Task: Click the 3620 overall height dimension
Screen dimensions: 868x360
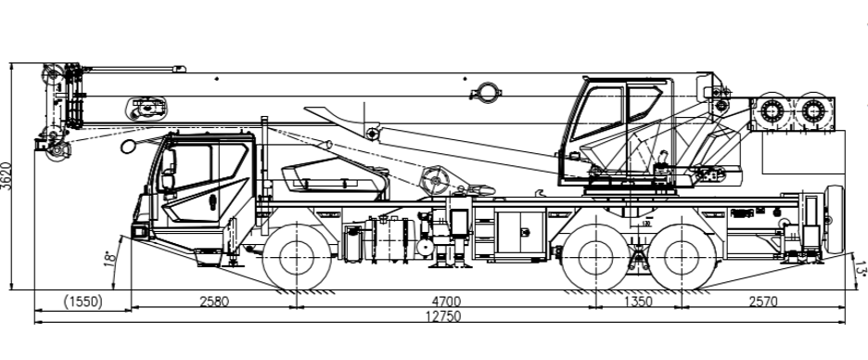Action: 6,176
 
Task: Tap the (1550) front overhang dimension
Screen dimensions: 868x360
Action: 83,302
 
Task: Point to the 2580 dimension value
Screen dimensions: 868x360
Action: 213,302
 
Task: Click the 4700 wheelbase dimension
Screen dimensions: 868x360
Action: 446,302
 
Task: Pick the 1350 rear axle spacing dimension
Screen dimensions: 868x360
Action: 638,302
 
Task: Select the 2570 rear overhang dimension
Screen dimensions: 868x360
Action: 763,302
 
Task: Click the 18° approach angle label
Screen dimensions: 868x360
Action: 110,259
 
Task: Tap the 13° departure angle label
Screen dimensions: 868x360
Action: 860,267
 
